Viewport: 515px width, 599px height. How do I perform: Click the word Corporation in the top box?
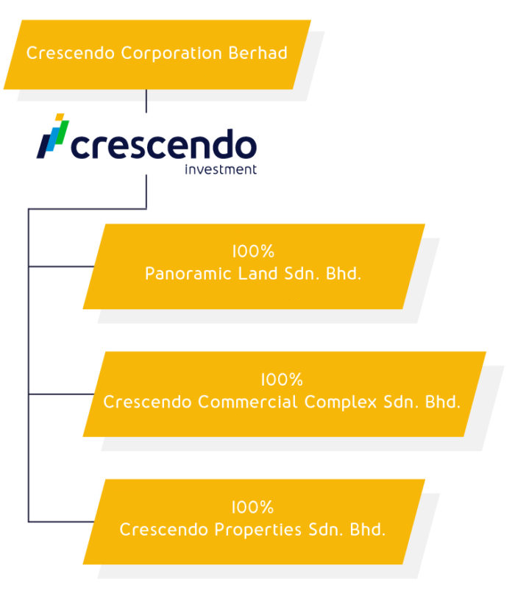171,54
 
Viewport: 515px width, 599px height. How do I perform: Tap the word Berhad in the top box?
258,53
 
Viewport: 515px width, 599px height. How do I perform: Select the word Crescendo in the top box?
71,53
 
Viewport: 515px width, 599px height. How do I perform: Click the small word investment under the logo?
221,169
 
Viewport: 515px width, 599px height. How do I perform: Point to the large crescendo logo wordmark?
163,143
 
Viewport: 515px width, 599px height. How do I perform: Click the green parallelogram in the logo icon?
62,132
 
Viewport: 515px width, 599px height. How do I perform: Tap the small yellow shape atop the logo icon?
60,116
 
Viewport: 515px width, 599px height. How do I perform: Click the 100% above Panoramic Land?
253,252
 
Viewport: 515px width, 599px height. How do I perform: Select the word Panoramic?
188,274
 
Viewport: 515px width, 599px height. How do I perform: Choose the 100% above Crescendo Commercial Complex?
282,380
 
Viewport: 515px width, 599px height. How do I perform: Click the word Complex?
341,403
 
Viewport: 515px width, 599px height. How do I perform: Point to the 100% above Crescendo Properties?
253,507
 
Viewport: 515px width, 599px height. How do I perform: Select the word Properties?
258,531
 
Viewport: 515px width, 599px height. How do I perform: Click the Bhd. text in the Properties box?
368,530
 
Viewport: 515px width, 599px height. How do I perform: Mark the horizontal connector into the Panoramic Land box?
61,266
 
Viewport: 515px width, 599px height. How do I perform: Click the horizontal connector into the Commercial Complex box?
61,394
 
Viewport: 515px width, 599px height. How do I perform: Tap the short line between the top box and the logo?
146,102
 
